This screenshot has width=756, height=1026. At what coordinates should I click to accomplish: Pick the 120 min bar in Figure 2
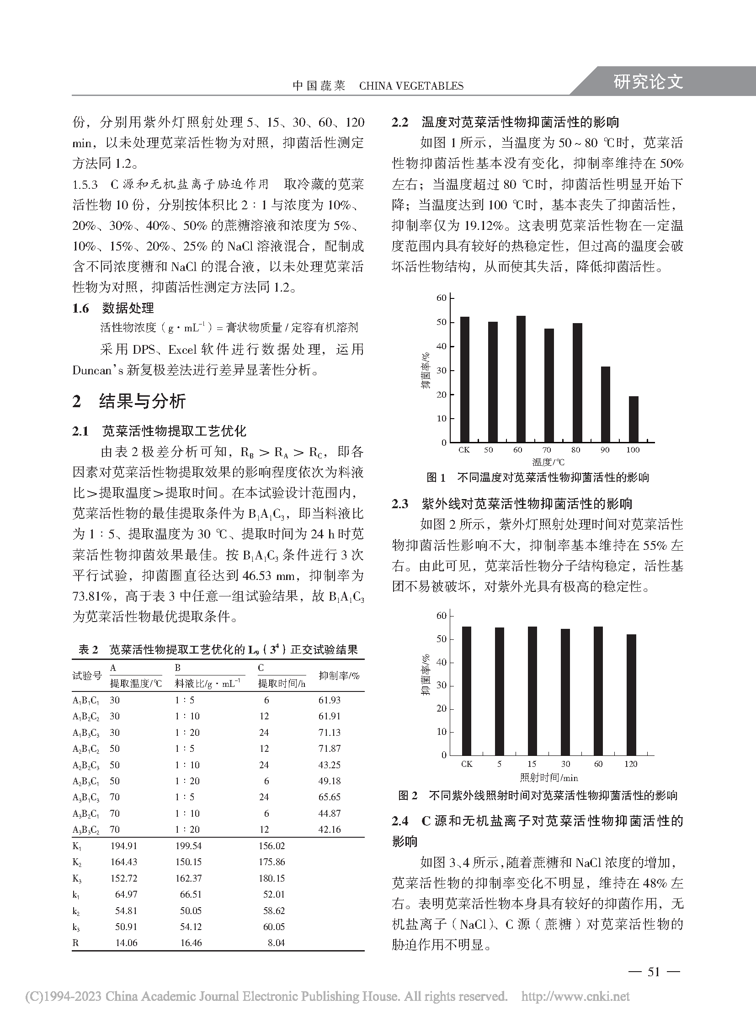click(x=631, y=694)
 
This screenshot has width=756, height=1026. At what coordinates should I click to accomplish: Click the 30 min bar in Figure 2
click(x=565, y=691)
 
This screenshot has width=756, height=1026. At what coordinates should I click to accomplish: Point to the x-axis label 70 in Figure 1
click(x=546, y=450)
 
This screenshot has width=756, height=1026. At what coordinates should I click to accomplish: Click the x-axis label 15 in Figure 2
click(x=531, y=764)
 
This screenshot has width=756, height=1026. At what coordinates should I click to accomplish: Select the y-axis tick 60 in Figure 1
click(x=441, y=298)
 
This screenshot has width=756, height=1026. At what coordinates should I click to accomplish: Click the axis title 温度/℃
click(x=548, y=462)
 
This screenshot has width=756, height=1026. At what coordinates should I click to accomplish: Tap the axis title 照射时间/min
click(x=548, y=777)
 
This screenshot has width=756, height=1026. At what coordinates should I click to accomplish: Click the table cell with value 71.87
click(x=330, y=749)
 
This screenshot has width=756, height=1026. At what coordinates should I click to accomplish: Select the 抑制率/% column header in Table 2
click(x=339, y=675)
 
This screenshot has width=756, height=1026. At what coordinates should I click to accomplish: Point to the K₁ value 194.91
click(x=123, y=846)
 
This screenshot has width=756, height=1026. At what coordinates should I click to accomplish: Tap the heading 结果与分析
click(x=142, y=401)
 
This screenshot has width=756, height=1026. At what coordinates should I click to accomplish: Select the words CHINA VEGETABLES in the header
click(x=411, y=86)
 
